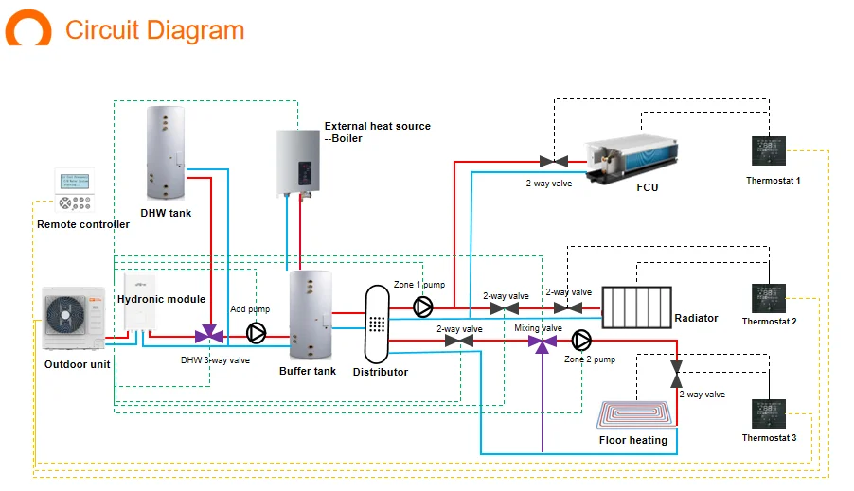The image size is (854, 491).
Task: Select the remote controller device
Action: point(75,192)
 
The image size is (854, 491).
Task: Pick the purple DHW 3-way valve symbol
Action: point(209,335)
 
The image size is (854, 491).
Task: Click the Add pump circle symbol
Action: point(257,333)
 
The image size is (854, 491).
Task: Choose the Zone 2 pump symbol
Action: point(580,340)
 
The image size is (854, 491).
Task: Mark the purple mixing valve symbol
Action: point(543,341)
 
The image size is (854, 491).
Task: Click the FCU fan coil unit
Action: point(632,156)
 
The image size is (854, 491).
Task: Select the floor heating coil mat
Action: point(637,415)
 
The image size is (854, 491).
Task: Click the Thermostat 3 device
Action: point(768,414)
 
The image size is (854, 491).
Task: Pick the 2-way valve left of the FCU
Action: point(547,162)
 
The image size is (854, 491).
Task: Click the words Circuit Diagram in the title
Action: point(154,29)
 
